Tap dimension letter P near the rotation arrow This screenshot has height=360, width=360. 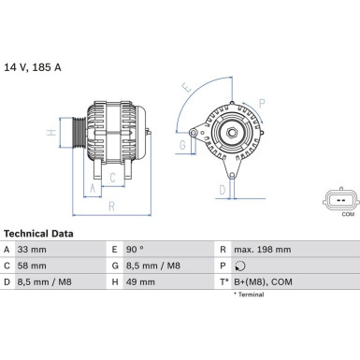pyautogui.click(x=261, y=103)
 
